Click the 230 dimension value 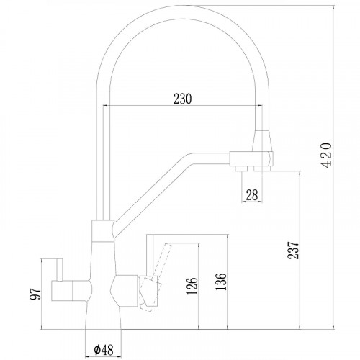182,99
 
